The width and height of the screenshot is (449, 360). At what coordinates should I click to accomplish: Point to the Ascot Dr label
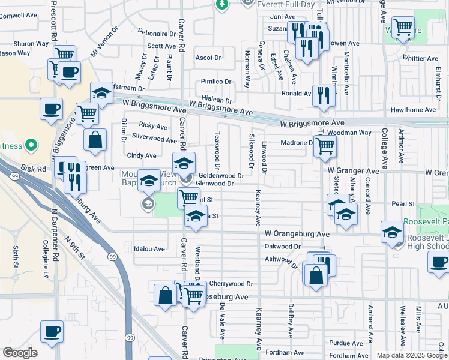click(x=208, y=58)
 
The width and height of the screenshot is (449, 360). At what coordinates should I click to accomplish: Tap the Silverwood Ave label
click(x=154, y=139)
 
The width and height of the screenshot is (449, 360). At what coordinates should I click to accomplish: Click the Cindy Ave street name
click(x=142, y=155)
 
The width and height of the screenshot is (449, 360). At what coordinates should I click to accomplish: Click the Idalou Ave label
click(x=149, y=248)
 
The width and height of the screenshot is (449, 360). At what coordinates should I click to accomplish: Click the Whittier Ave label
click(x=421, y=59)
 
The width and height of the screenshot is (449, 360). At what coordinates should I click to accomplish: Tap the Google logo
click(x=20, y=353)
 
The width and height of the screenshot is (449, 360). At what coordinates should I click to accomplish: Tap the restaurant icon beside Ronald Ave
click(x=324, y=95)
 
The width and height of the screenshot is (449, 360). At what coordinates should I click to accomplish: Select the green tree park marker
click(x=222, y=4)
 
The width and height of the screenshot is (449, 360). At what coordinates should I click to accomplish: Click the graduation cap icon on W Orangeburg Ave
click(x=392, y=231)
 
